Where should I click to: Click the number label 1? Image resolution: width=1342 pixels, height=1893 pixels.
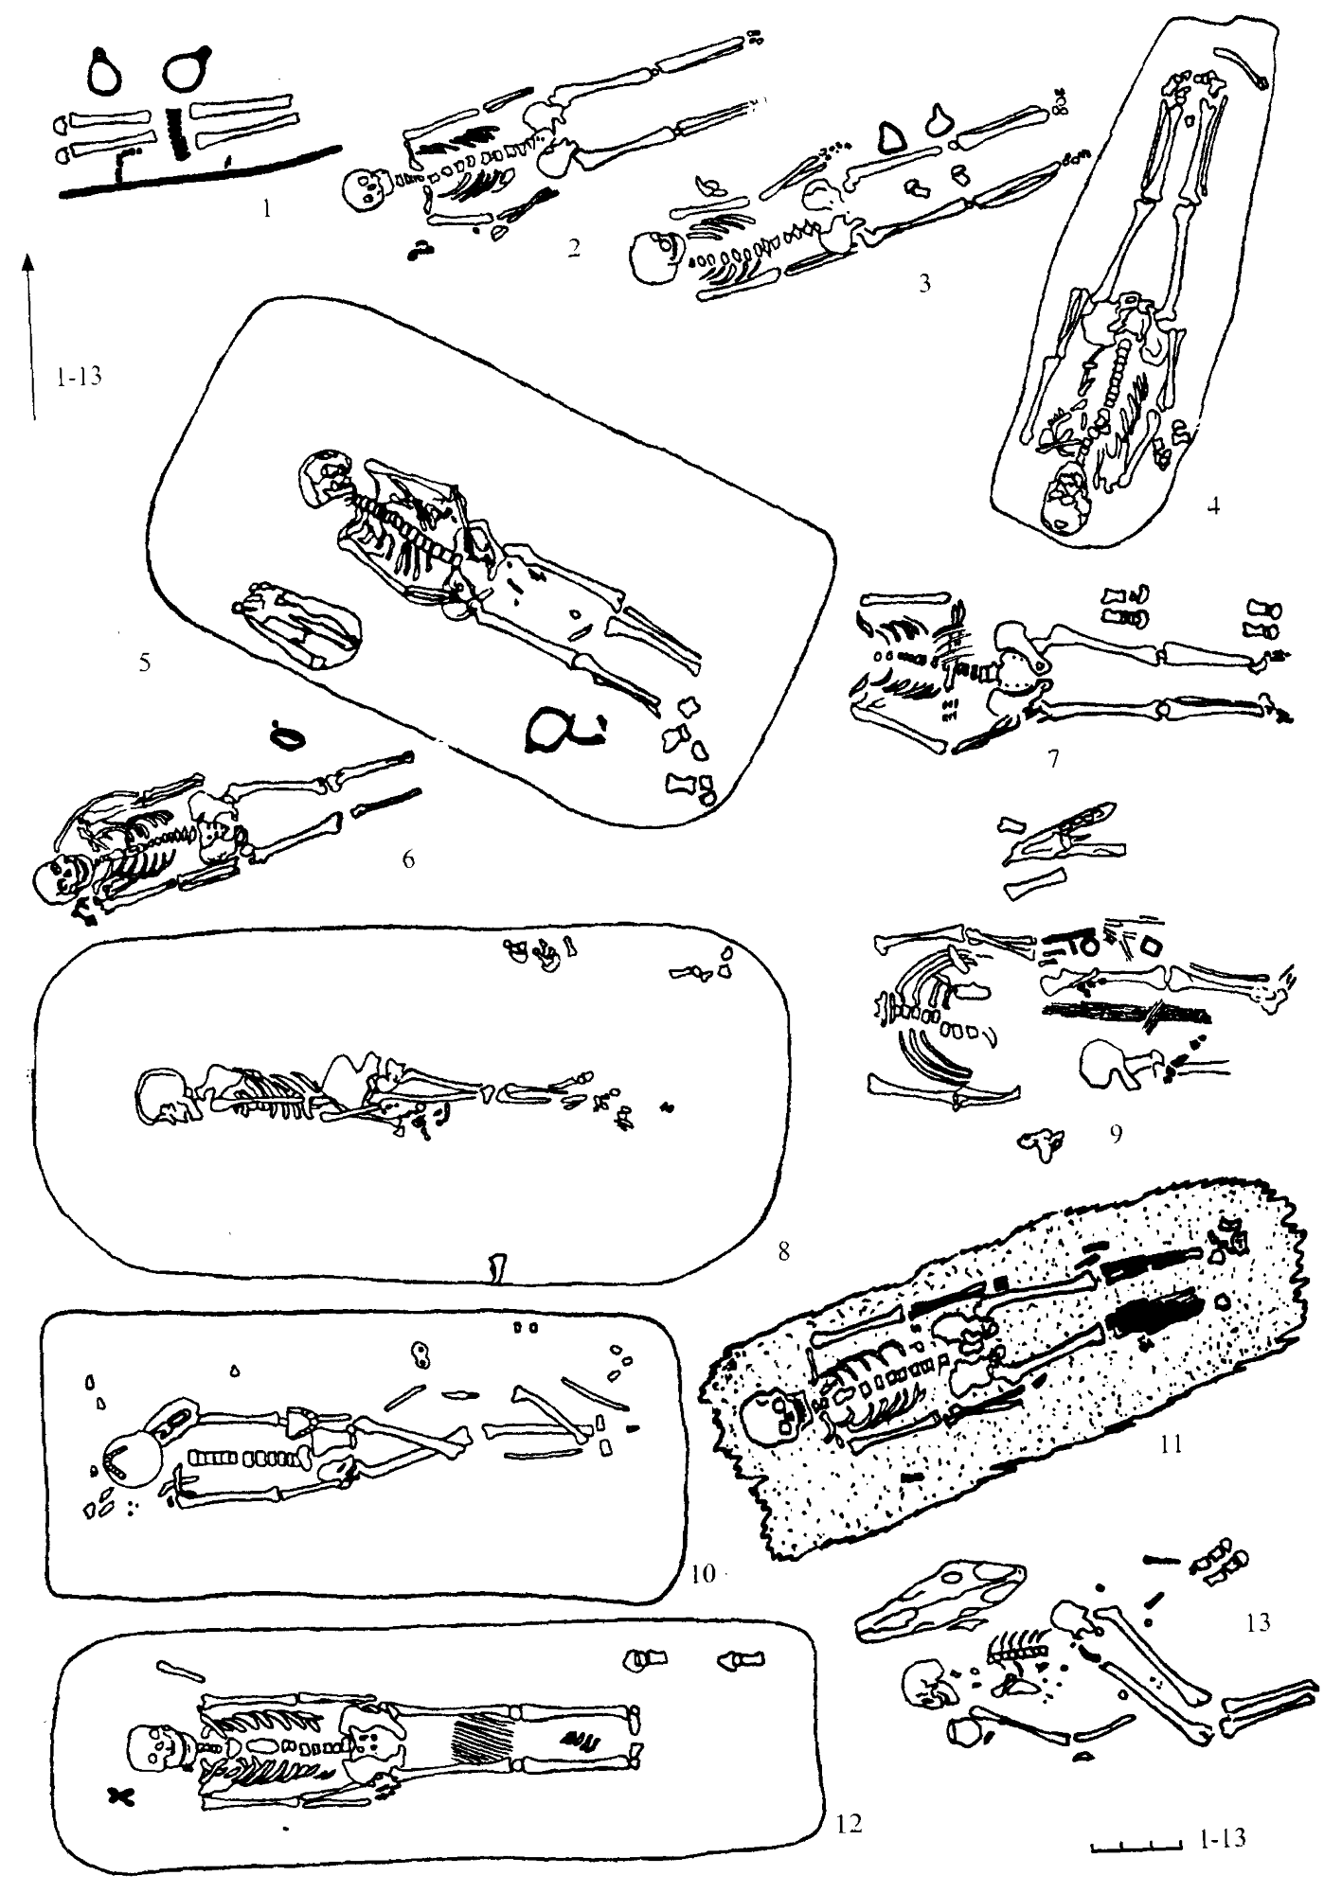267,210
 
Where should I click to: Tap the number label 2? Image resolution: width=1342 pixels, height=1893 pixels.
573,249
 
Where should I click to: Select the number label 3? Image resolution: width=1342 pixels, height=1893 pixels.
925,282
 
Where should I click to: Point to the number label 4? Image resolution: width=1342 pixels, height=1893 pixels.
1213,504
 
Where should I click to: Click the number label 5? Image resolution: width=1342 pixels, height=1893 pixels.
144,662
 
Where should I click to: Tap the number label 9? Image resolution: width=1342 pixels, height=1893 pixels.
1117,1133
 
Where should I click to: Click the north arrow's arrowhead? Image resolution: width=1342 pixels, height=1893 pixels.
30,261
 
